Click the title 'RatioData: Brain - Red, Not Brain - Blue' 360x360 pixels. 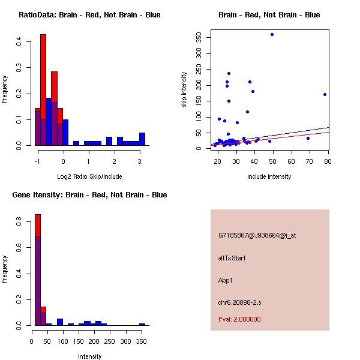pos(89,15)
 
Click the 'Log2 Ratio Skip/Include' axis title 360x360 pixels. pos(89,176)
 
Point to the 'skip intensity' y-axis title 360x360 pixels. pos(184,90)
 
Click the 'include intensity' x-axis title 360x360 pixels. pos(270,176)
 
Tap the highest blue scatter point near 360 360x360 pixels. pos(272,34)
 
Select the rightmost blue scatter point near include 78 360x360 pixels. pos(325,94)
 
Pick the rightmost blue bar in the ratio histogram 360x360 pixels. pos(142,139)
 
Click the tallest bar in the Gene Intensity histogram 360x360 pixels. pos(38,270)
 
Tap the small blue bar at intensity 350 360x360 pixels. pos(142,324)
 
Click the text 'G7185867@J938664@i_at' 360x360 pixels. pos(257,235)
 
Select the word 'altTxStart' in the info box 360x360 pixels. pos(232,258)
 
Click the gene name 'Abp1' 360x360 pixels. pos(226,280)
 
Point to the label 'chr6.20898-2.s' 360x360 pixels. pos(240,302)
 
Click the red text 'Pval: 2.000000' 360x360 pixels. pos(239,319)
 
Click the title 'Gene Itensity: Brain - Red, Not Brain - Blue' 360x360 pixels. pos(89,195)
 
